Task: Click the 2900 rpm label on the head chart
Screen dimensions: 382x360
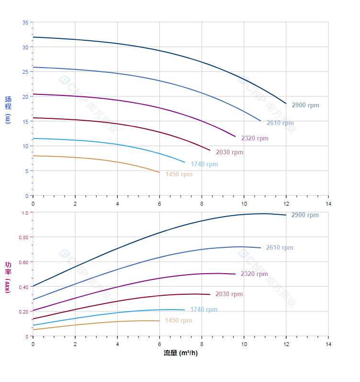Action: point(305,105)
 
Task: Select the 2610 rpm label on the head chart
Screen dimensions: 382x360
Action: point(280,123)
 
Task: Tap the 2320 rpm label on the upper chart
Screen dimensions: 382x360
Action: point(255,139)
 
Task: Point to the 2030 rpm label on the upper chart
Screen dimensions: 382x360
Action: point(229,152)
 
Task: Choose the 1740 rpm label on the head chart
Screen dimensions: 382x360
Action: point(204,164)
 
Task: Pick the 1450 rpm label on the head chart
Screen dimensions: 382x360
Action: point(179,174)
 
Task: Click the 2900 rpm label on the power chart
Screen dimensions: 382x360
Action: point(305,215)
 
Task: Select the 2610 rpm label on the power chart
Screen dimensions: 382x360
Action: point(280,248)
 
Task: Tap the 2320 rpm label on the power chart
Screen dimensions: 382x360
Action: point(254,274)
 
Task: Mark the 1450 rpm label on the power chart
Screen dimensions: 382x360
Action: point(178,321)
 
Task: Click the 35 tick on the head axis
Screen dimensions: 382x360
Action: point(25,23)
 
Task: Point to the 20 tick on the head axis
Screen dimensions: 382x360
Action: point(25,96)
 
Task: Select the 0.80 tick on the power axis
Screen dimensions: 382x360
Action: point(23,237)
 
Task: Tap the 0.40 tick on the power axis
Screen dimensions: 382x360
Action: point(23,287)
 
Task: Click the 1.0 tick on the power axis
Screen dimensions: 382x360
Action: point(25,213)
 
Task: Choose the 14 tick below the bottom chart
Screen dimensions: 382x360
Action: point(328,345)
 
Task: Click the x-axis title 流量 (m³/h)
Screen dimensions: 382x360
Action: point(180,353)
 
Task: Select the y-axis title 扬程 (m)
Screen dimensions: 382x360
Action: point(8,110)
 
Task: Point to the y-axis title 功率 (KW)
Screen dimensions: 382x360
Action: point(8,277)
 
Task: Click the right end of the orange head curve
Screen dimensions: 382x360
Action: point(159,172)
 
